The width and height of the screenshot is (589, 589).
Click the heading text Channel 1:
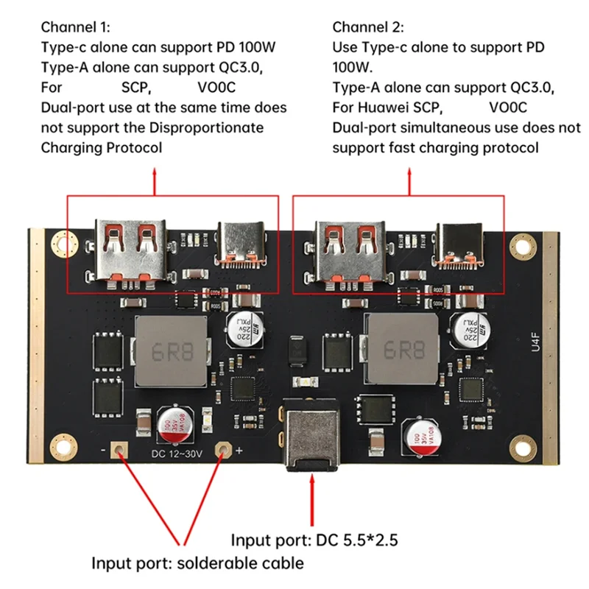tap(75, 27)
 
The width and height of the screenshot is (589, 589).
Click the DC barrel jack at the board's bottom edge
tap(311, 439)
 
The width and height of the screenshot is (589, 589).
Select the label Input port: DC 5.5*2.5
tap(314, 540)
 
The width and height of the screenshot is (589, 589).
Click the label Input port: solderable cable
tap(197, 563)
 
